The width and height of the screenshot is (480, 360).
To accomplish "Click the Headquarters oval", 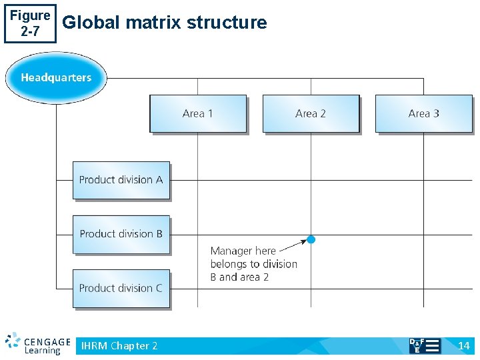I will (56, 77).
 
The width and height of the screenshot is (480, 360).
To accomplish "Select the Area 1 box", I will (197, 113).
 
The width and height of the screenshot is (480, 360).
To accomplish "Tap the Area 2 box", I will (311, 113).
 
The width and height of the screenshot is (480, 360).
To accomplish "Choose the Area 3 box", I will (423, 113).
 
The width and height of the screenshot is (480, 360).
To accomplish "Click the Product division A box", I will (121, 180).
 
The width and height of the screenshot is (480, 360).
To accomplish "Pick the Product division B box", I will (121, 234).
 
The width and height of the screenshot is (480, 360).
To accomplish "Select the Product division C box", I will (121, 288).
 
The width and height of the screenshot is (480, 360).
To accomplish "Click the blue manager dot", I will (311, 239).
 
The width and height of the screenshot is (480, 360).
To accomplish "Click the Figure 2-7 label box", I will (30, 23).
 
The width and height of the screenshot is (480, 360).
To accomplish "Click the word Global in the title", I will (91, 23).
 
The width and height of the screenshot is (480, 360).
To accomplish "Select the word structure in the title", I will (227, 23).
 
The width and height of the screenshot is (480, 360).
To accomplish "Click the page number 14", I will (464, 345).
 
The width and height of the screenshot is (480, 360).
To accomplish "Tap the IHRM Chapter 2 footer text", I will (119, 345).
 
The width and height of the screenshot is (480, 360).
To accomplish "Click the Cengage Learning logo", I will (38, 343).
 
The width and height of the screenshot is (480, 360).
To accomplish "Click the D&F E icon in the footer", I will (424, 345).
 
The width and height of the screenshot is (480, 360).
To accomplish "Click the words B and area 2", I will (239, 277).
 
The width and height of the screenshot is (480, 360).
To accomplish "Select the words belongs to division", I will (253, 264).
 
